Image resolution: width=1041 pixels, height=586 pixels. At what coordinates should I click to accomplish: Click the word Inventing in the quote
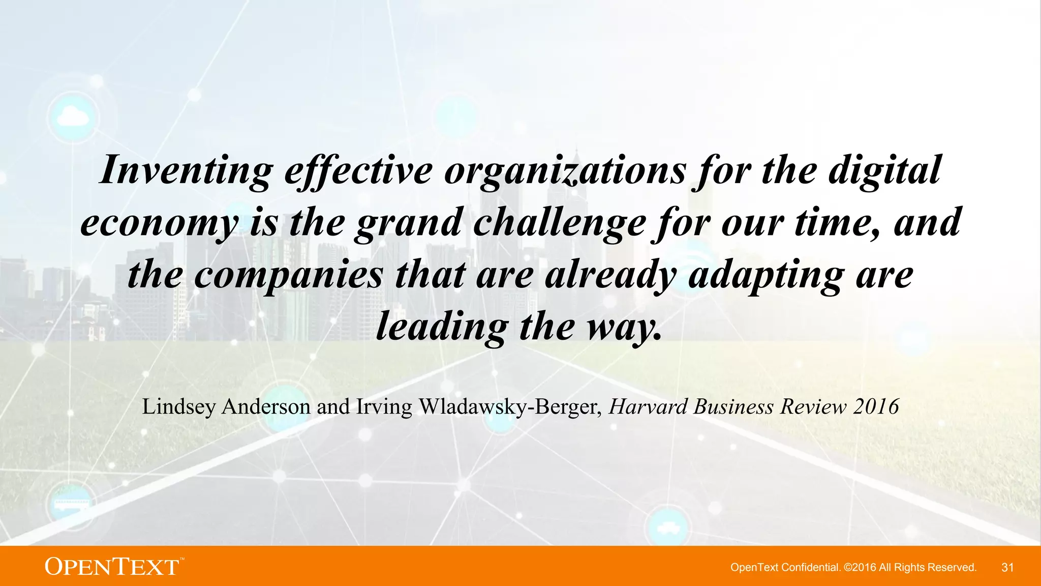186,170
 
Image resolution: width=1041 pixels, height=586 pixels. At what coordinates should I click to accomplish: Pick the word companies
288,275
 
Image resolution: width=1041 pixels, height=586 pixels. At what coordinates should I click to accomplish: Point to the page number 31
1007,567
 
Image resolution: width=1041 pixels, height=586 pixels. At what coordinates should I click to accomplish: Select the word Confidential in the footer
810,567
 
